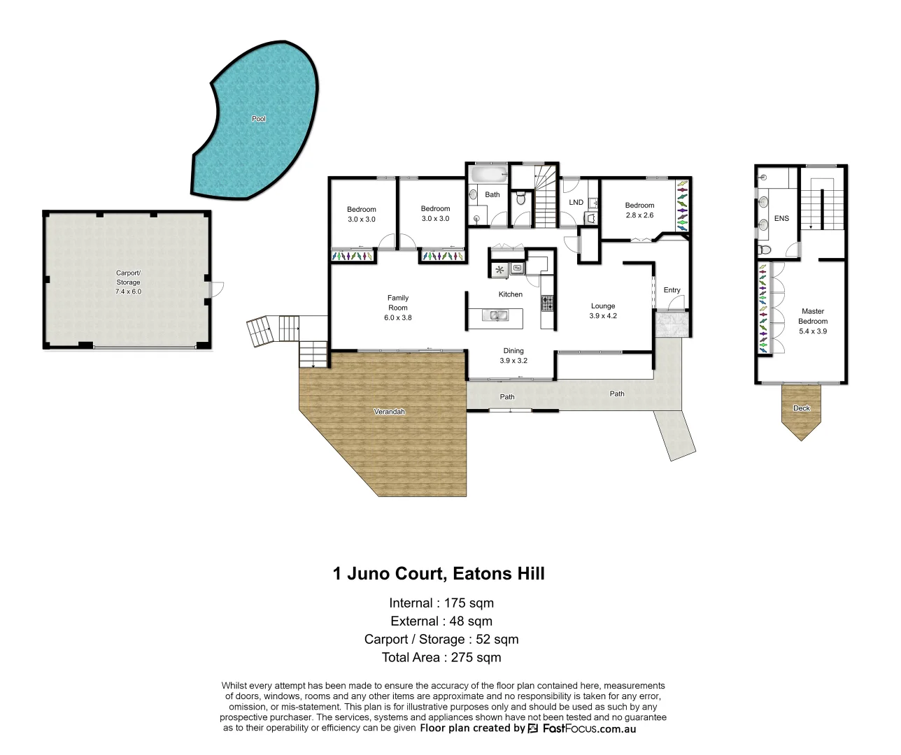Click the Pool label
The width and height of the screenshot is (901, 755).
[x=259, y=119]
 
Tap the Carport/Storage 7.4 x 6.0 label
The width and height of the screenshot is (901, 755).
[x=128, y=282]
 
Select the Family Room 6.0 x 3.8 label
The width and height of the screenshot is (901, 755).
[x=398, y=308]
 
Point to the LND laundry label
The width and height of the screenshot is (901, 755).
[x=576, y=203]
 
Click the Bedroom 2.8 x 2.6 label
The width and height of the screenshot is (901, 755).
[x=639, y=210]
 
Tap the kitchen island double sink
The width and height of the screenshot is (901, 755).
[x=499, y=317]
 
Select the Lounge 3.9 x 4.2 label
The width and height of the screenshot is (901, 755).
[x=603, y=310]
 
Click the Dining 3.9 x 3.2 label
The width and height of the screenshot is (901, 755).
[x=513, y=356]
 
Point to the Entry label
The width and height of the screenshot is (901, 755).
[x=672, y=290]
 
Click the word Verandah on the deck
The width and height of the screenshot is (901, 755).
[x=390, y=412]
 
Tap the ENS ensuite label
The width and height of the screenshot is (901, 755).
[x=781, y=219]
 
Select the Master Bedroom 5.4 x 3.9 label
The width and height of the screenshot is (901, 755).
[x=813, y=321]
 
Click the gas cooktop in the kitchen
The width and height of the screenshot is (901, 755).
[x=547, y=303]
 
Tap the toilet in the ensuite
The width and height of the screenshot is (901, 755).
[x=765, y=250]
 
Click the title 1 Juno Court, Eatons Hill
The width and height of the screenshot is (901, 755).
[x=439, y=574]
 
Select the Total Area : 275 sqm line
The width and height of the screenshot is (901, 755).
[x=441, y=657]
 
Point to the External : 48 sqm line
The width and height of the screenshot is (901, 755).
[x=441, y=621]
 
